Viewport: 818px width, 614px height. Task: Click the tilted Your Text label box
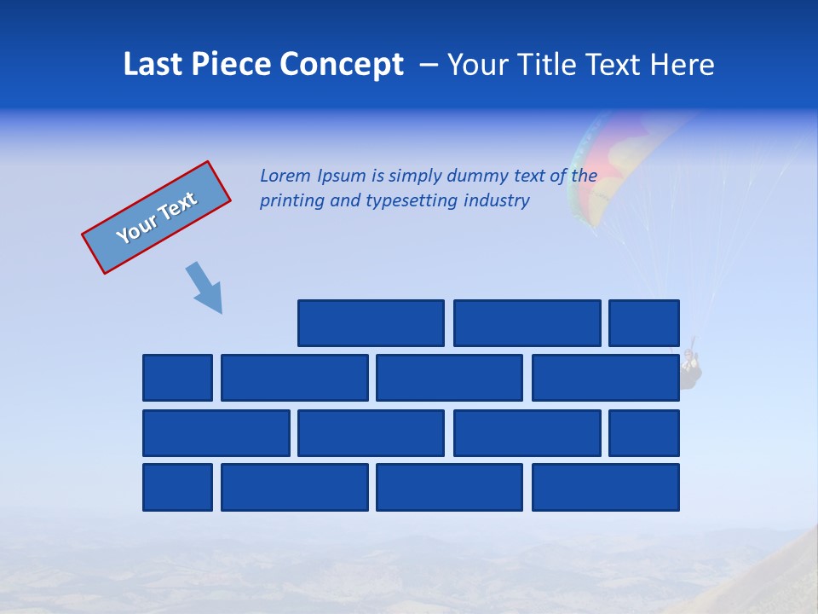tap(156, 217)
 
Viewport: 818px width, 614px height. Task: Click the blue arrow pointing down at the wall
tap(204, 287)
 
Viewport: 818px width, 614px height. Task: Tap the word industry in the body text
tap(497, 201)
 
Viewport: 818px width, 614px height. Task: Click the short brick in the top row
tap(644, 323)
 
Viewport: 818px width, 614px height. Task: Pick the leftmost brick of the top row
tap(371, 323)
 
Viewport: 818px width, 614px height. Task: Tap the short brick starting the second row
tap(177, 378)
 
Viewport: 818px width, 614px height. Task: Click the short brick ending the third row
tap(644, 433)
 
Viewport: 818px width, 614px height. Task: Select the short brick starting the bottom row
tap(177, 488)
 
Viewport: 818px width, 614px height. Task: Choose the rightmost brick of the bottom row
tap(606, 488)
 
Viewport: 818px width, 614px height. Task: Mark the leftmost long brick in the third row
tap(216, 433)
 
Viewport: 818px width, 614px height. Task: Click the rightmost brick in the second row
tap(606, 378)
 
